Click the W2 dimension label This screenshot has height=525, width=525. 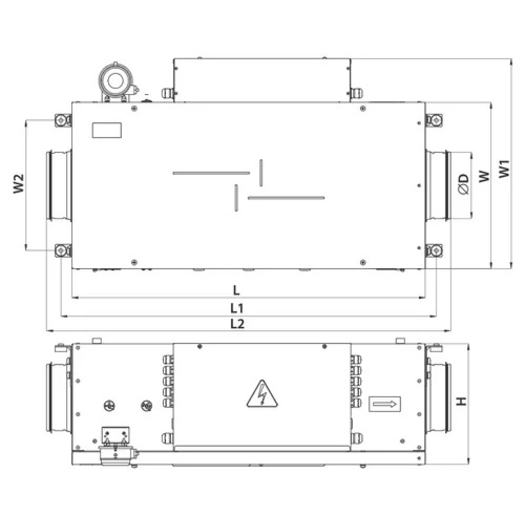(19, 183)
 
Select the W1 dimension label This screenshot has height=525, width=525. (504, 169)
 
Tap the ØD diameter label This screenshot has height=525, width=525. (464, 184)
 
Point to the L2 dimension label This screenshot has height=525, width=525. (237, 324)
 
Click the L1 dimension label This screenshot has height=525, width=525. (237, 308)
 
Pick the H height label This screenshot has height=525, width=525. (461, 401)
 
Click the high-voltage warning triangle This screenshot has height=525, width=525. (262, 394)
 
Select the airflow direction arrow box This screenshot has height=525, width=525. (385, 404)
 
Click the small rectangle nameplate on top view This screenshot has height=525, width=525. (107, 130)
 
